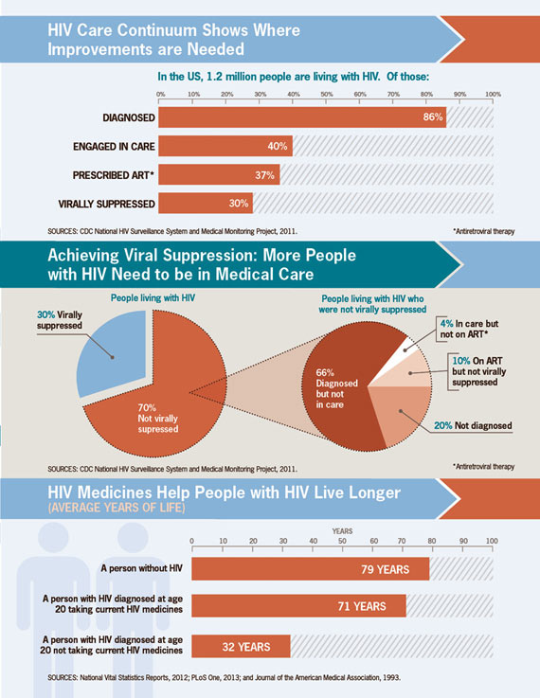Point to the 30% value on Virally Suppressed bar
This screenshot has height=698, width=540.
tap(239, 204)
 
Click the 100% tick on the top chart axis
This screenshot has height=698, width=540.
tap(493, 95)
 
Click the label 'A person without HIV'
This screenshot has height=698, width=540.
tap(141, 568)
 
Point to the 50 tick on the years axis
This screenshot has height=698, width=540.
tap(342, 542)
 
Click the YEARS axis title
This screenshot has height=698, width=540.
tap(342, 531)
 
